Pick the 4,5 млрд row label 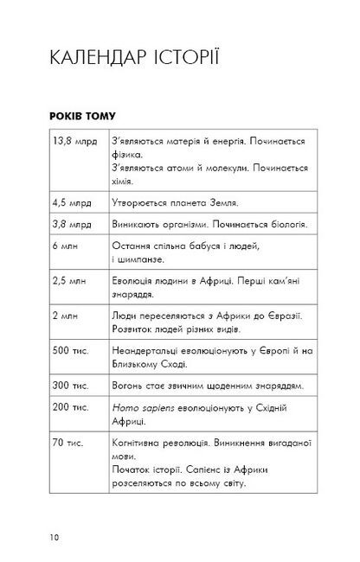70,203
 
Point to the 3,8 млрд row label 70,225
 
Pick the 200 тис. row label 67,410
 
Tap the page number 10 55,538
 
